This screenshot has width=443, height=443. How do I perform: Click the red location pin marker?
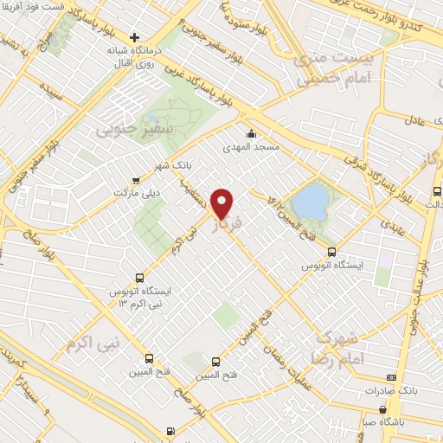[x=223, y=202]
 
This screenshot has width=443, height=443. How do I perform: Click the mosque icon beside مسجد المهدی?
[x=251, y=133]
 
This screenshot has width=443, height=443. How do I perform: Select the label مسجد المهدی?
[x=252, y=148]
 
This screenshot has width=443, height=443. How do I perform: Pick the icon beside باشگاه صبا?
[x=383, y=410]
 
